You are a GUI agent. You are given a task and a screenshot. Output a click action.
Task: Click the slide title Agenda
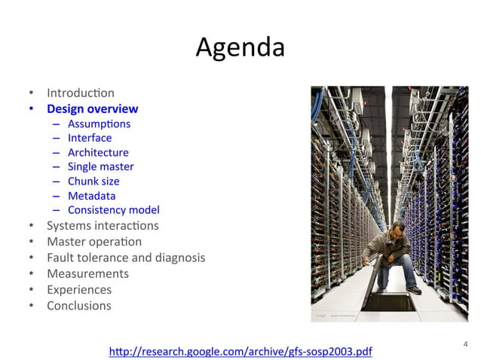pyautogui.click(x=240, y=48)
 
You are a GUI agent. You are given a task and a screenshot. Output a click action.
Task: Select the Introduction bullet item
pyautogui.click(x=81, y=93)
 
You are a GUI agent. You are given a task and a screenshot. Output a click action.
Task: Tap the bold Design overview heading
pyautogui.click(x=92, y=109)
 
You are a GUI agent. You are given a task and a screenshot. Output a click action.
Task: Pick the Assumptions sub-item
pyautogui.click(x=99, y=124)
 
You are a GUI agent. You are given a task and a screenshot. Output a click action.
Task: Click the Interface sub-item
pyautogui.click(x=90, y=138)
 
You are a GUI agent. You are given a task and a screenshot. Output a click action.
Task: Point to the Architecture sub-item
pyautogui.click(x=98, y=152)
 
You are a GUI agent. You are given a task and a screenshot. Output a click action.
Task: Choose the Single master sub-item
pyautogui.click(x=100, y=166)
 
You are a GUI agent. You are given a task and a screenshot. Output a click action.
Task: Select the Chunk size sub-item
pyautogui.click(x=93, y=181)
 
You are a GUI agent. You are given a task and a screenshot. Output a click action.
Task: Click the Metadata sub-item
pyautogui.click(x=91, y=196)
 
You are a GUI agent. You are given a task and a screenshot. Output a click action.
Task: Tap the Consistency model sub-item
pyautogui.click(x=113, y=210)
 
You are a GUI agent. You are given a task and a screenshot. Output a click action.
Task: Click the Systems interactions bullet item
pyautogui.click(x=103, y=226)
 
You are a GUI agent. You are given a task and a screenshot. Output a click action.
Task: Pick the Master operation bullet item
pyautogui.click(x=94, y=242)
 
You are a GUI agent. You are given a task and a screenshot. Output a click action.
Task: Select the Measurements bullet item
pyautogui.click(x=87, y=273)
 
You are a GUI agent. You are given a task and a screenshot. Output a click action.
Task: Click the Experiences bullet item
pyautogui.click(x=79, y=289)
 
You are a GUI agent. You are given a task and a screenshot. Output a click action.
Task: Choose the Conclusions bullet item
pyautogui.click(x=79, y=306)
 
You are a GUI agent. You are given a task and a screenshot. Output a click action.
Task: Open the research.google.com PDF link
pyautogui.click(x=240, y=351)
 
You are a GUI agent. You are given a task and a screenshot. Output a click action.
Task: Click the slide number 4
pyautogui.click(x=465, y=345)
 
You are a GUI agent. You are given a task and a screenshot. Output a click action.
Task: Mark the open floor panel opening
pyautogui.click(x=389, y=302)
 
